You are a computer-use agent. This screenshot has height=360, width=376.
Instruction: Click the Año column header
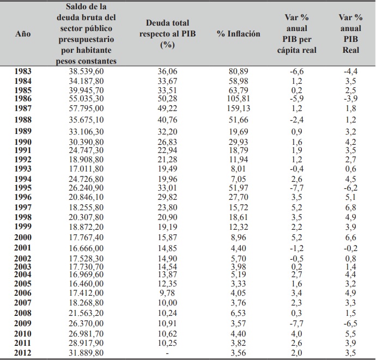[x=23, y=33]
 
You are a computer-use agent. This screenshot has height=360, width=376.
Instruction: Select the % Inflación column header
[x=238, y=33]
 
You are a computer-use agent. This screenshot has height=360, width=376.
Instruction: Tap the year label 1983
[x=23, y=71]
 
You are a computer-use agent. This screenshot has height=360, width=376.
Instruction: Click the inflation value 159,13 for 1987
[x=238, y=108]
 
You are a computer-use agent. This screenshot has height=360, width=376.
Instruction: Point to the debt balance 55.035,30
[x=87, y=99]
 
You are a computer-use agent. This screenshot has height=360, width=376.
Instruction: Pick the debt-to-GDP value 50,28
[x=167, y=99]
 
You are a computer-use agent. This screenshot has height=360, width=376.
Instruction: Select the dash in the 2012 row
[x=167, y=353]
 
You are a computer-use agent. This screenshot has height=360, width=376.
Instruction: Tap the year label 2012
[x=23, y=353]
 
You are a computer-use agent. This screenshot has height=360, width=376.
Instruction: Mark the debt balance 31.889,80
[x=87, y=353]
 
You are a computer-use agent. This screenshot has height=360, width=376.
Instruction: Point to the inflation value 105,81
[x=238, y=99]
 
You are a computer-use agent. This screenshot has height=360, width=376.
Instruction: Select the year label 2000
[x=23, y=237]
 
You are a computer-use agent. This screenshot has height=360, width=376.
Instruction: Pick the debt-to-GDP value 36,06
[x=167, y=71]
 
